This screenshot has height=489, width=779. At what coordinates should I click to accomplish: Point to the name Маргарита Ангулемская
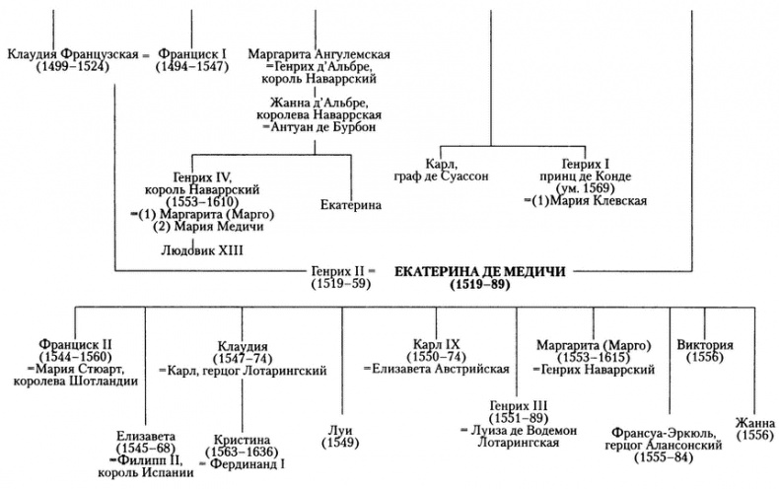(x=313, y=52)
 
